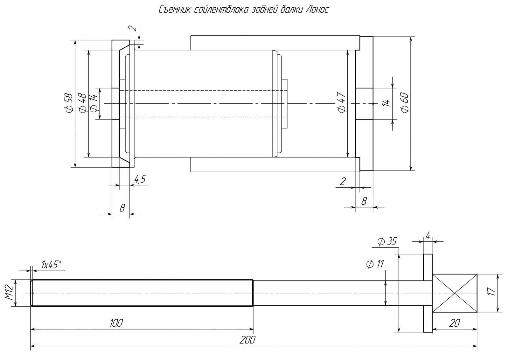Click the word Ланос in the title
(x=317, y=9)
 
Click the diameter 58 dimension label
(x=69, y=102)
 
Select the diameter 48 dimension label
(x=82, y=102)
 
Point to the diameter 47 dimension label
(x=342, y=102)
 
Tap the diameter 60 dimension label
(x=405, y=102)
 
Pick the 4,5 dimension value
(x=140, y=179)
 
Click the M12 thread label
(x=10, y=293)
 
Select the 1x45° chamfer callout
(x=51, y=264)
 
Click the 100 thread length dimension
(x=116, y=323)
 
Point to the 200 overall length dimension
(x=248, y=340)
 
